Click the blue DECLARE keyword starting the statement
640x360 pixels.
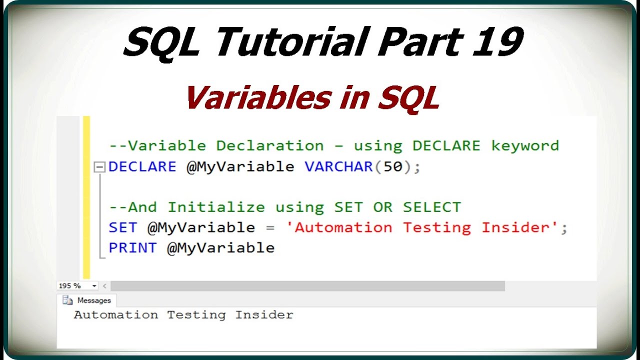[x=142, y=166]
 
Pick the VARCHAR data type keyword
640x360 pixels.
[x=338, y=166]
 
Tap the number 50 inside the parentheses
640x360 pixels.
[x=393, y=166]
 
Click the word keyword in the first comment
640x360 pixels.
[x=525, y=146]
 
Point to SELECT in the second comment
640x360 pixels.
[x=432, y=207]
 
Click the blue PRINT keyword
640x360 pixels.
[x=132, y=247]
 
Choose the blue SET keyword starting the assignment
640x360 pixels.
[x=122, y=227]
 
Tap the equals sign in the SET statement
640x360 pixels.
[x=270, y=228]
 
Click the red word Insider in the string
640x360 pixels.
[x=519, y=227]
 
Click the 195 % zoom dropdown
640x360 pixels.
[x=77, y=286]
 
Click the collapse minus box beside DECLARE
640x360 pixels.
[x=100, y=167]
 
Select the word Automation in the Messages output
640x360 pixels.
[x=115, y=315]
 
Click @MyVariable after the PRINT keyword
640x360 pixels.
[x=220, y=247]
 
